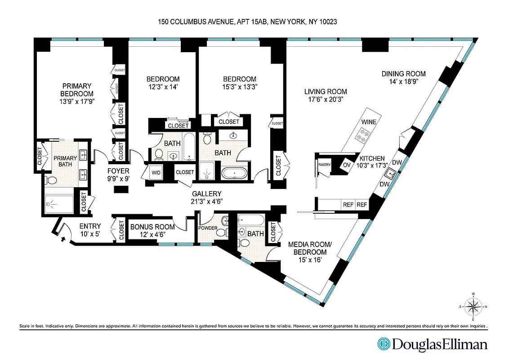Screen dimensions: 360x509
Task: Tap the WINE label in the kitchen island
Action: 369,122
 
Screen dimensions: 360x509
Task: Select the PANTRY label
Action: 324,165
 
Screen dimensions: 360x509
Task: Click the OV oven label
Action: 347,165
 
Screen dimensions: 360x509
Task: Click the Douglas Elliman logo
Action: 432,344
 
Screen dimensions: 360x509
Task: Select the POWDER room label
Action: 209,228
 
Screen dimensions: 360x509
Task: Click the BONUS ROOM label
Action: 152,226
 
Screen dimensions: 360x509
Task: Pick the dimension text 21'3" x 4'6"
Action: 207,201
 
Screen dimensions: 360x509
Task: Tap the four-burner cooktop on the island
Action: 362,134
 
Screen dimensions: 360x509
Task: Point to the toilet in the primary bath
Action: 51,181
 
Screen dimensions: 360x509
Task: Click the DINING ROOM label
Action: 403,74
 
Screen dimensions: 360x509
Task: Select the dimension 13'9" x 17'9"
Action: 77,101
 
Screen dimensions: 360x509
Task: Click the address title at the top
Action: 254,21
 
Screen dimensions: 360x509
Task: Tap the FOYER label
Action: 118,171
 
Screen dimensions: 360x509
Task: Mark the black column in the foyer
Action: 119,190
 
